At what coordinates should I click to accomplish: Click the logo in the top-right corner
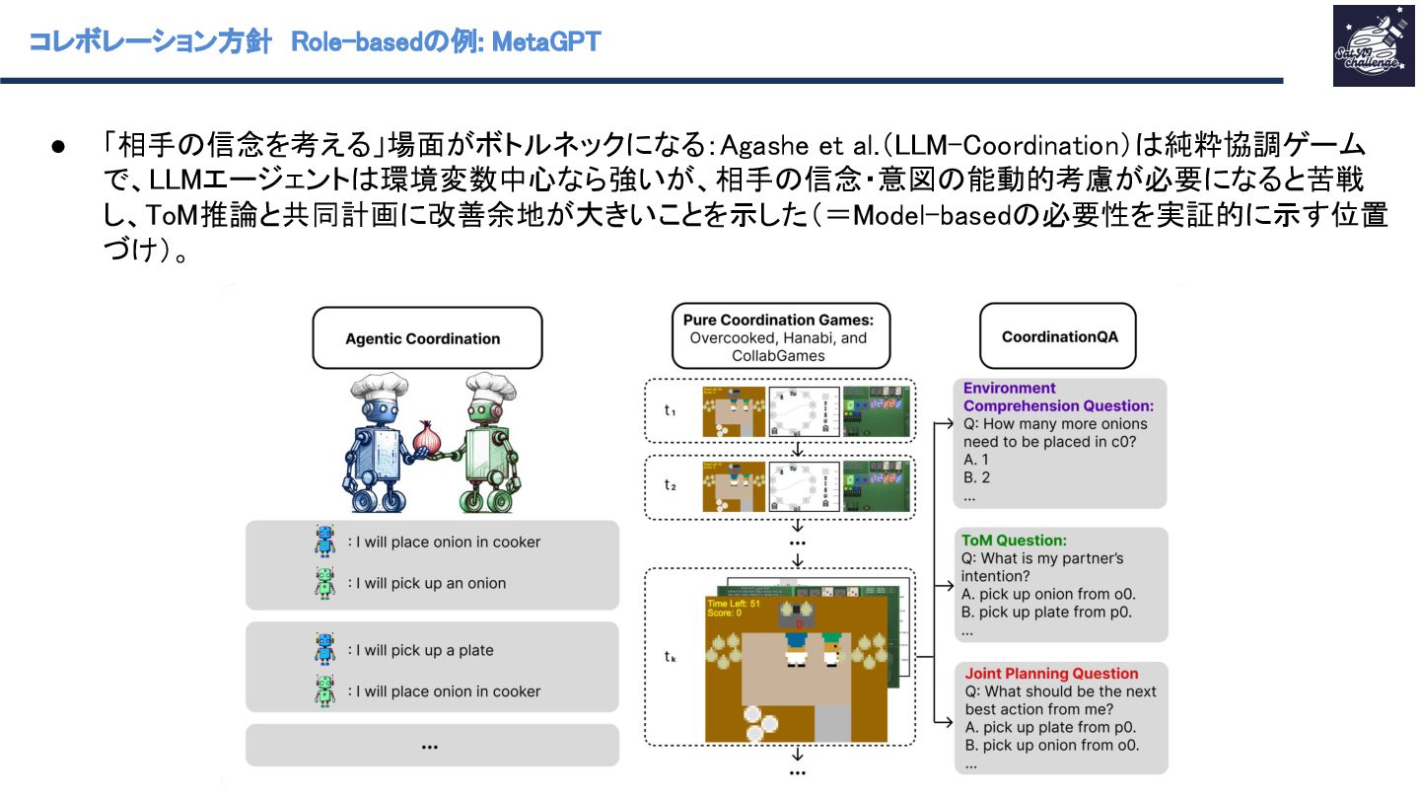click(1366, 45)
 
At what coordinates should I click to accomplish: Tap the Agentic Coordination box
click(422, 338)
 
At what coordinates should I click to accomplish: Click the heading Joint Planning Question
click(1051, 674)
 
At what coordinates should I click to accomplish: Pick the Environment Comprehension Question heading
click(1057, 397)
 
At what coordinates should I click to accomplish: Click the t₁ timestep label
click(669, 409)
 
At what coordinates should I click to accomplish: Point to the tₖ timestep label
click(670, 655)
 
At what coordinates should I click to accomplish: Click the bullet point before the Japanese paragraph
click(57, 147)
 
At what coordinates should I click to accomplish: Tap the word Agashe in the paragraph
click(755, 147)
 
